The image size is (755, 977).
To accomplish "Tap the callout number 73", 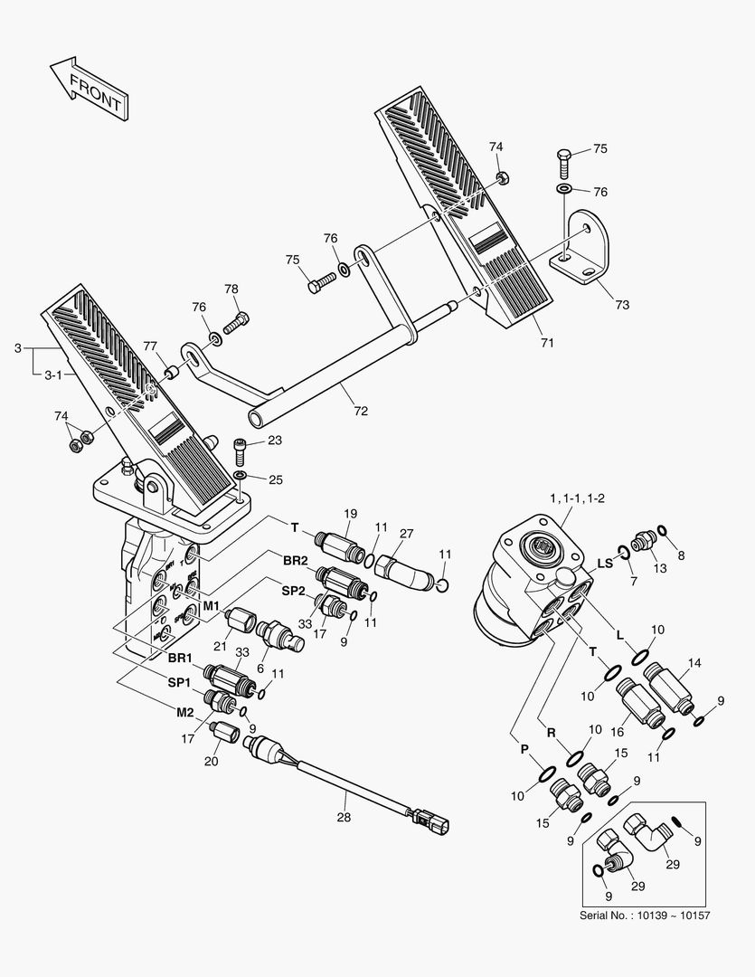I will pyautogui.click(x=622, y=305).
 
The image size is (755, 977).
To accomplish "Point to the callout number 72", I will pyautogui.click(x=361, y=412).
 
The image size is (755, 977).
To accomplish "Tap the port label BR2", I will pyautogui.click(x=295, y=561).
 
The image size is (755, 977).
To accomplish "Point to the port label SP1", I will pyautogui.click(x=177, y=681).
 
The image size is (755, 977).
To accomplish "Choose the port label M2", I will pyautogui.click(x=184, y=712).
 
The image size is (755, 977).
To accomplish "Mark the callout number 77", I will pyautogui.click(x=149, y=346).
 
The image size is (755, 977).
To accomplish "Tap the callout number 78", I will pyautogui.click(x=231, y=289).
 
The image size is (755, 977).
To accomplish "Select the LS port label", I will pyautogui.click(x=605, y=564).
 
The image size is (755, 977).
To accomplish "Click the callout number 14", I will pyautogui.click(x=694, y=663).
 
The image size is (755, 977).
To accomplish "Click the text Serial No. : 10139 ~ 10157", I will pyautogui.click(x=645, y=915).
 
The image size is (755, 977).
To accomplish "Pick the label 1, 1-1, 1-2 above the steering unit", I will pyautogui.click(x=577, y=499).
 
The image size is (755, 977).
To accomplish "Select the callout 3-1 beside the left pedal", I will pyautogui.click(x=54, y=373).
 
